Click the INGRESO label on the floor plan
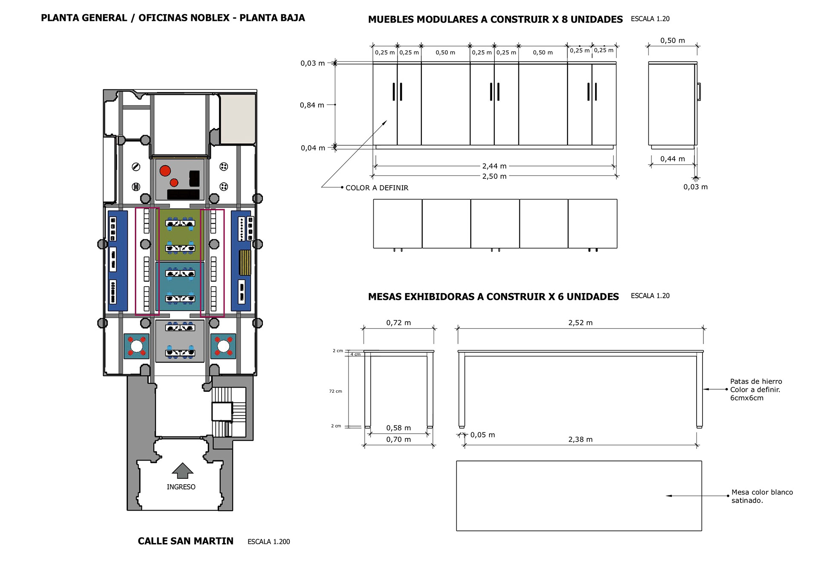[x=181, y=487]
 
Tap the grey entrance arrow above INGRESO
[x=182, y=470]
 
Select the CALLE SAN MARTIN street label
[x=185, y=541]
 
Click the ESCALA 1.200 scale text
[x=268, y=542]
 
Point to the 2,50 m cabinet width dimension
[x=494, y=176]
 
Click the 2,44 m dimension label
[x=494, y=166]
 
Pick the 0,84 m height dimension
[x=312, y=105]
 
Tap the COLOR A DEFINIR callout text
[x=377, y=188]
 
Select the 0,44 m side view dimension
[x=672, y=159]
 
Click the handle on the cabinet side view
[x=699, y=92]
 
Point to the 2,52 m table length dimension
[x=580, y=323]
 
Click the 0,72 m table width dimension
[x=398, y=323]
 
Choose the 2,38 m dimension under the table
[x=580, y=440]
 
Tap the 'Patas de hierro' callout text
[x=756, y=382]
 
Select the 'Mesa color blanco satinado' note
[x=762, y=496]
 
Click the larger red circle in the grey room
[x=165, y=171]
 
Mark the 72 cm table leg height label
[x=335, y=391]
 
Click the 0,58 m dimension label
[x=398, y=428]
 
